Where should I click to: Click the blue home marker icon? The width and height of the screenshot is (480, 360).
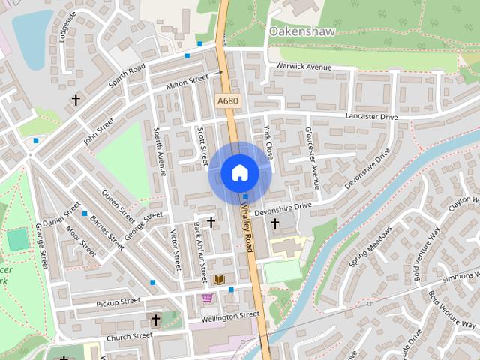coord(239,173)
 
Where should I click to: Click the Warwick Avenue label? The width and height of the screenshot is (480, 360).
coord(303,67)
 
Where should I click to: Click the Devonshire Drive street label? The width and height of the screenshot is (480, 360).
coord(282,207)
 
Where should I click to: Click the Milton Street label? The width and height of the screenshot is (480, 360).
coord(186,82)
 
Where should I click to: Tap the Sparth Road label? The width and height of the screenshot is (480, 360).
coord(125,77)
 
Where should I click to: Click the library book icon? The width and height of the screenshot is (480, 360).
coord(220,279)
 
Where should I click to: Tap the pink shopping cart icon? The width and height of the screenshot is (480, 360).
coord(208,298)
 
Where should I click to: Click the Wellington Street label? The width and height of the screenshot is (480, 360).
coord(224,316)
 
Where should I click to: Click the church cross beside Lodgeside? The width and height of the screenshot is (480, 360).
coord(75,99)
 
